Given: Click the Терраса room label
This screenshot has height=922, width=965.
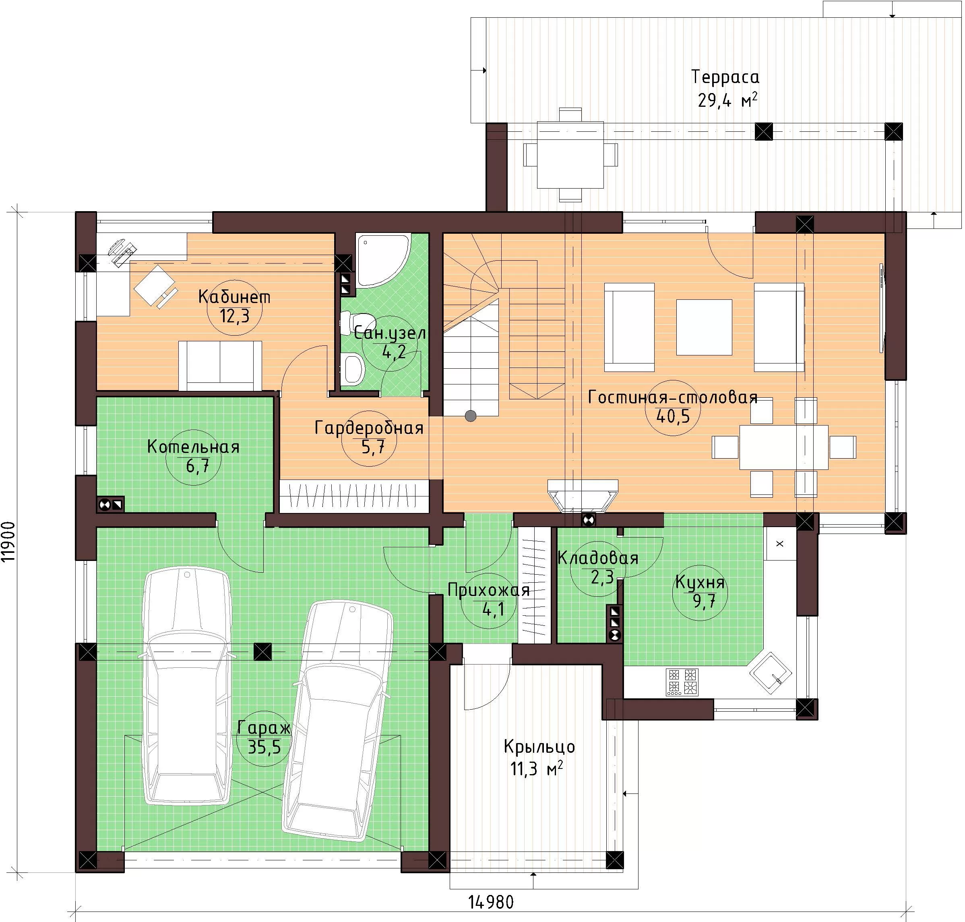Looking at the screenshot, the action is (725, 77).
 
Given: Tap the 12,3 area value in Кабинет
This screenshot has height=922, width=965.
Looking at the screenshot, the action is (234, 316).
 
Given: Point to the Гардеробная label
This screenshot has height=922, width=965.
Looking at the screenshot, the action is (369, 428).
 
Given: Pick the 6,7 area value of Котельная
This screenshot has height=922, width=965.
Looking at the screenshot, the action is (197, 465).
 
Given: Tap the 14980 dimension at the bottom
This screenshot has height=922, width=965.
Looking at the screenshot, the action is (491, 902).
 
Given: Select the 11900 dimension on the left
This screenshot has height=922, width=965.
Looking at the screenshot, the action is (9, 542).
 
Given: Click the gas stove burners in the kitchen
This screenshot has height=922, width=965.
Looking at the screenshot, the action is (682, 682).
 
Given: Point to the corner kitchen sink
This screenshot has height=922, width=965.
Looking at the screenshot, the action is (770, 673).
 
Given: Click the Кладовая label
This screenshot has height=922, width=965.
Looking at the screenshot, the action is (598, 558).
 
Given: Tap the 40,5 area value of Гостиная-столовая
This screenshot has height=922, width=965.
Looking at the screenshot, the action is (673, 416).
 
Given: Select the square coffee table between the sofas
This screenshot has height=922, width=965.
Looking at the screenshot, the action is (704, 327).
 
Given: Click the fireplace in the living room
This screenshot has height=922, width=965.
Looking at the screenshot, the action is (583, 496).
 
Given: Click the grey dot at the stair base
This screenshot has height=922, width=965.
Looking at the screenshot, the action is (471, 416).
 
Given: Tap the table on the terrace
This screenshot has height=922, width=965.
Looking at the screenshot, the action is (570, 154).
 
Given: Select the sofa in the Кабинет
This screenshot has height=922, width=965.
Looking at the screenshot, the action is (220, 365).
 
